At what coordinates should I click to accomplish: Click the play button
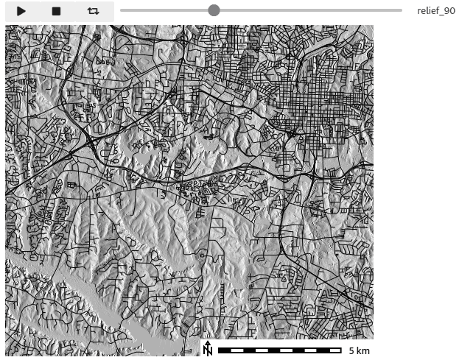click(22, 11)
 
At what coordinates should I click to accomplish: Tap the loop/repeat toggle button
click(93, 11)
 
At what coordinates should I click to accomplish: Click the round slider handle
click(214, 10)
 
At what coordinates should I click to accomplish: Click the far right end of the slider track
click(402, 10)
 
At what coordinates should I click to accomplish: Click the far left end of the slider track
click(121, 10)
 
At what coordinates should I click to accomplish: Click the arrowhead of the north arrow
click(208, 343)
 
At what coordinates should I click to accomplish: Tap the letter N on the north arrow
click(208, 351)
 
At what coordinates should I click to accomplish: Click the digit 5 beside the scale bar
click(351, 350)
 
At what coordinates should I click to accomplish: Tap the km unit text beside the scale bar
click(362, 350)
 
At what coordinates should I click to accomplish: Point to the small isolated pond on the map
click(210, 137)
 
